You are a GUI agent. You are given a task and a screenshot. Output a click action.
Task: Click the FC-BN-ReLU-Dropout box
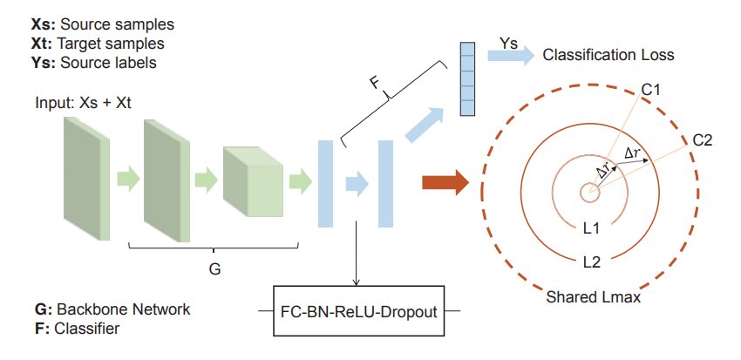pos(359,310)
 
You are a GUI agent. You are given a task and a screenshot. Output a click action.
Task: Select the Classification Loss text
pos(608,55)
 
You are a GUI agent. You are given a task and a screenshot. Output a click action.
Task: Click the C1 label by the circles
pos(650,90)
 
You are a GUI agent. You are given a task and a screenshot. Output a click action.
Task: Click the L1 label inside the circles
pos(590,228)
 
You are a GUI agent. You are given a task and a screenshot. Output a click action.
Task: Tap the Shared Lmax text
pos(593,297)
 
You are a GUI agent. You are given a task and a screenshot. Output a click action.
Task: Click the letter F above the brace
pos(374,84)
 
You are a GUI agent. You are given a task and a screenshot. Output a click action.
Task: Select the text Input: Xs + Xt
pos(83,104)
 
